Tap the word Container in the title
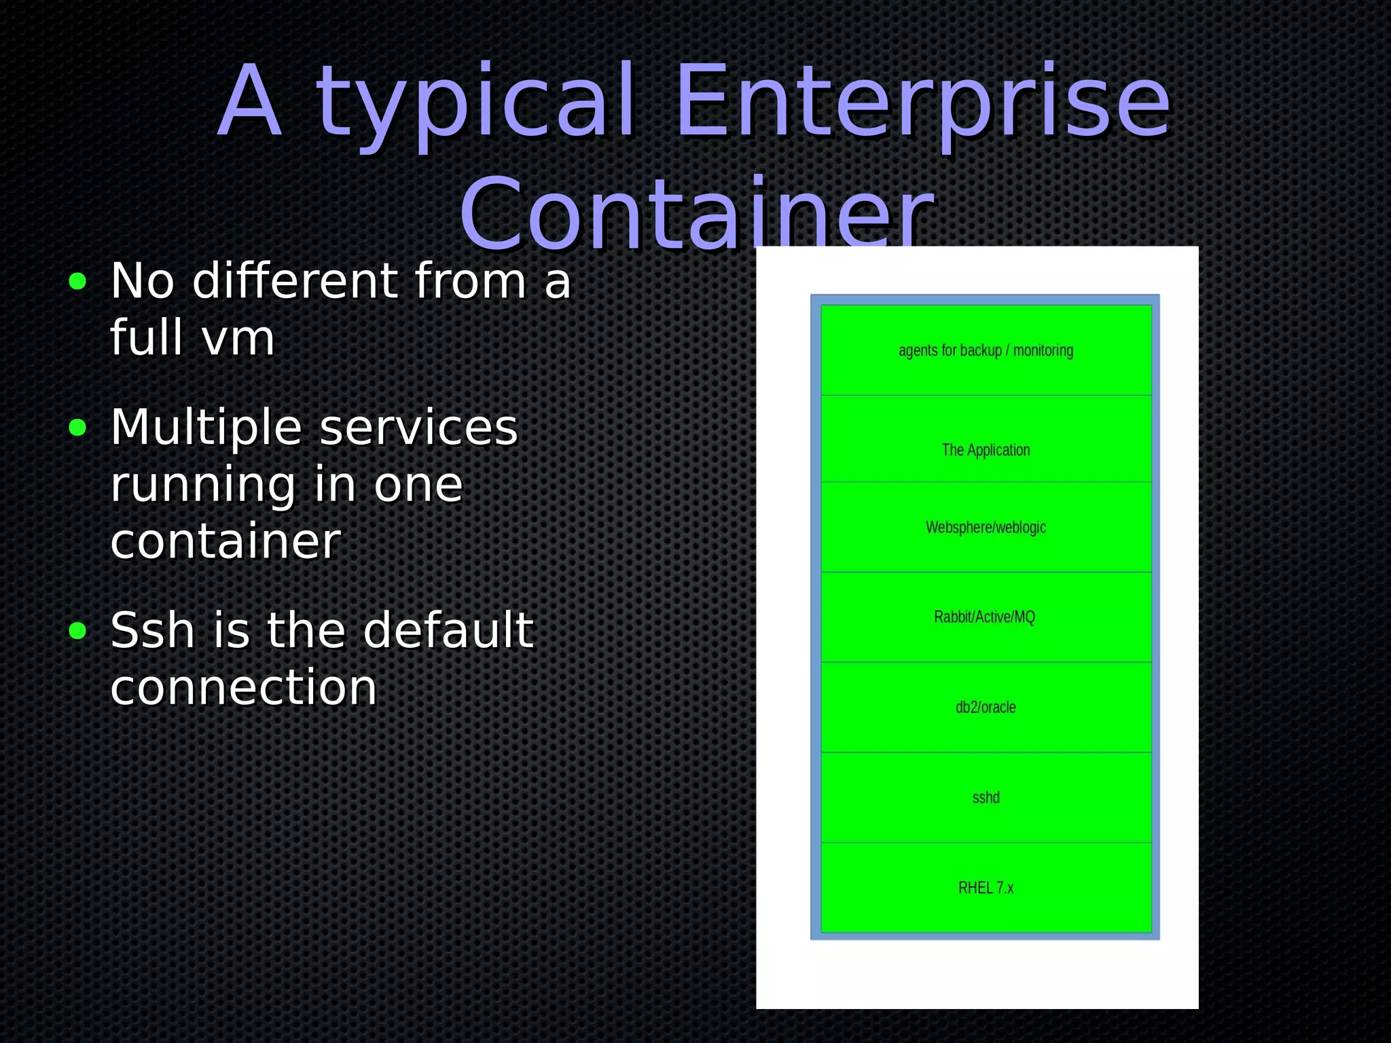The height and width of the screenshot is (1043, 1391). [x=698, y=213]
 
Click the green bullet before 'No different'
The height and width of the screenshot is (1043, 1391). [x=78, y=281]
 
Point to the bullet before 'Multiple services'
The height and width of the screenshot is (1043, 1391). [x=78, y=428]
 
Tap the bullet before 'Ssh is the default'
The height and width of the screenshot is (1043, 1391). [x=78, y=631]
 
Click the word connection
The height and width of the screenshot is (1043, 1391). [x=243, y=687]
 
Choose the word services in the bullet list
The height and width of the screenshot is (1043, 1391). [x=418, y=428]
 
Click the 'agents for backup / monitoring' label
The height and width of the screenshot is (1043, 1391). [x=986, y=350]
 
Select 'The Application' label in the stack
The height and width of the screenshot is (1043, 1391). [x=986, y=450]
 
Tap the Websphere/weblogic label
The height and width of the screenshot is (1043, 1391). [x=986, y=528]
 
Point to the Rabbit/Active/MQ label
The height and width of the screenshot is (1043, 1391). [x=984, y=617]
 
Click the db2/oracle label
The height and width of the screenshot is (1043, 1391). [x=986, y=708]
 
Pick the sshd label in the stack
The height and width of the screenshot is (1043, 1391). [x=986, y=798]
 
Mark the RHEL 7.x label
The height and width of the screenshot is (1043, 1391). [x=986, y=888]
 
